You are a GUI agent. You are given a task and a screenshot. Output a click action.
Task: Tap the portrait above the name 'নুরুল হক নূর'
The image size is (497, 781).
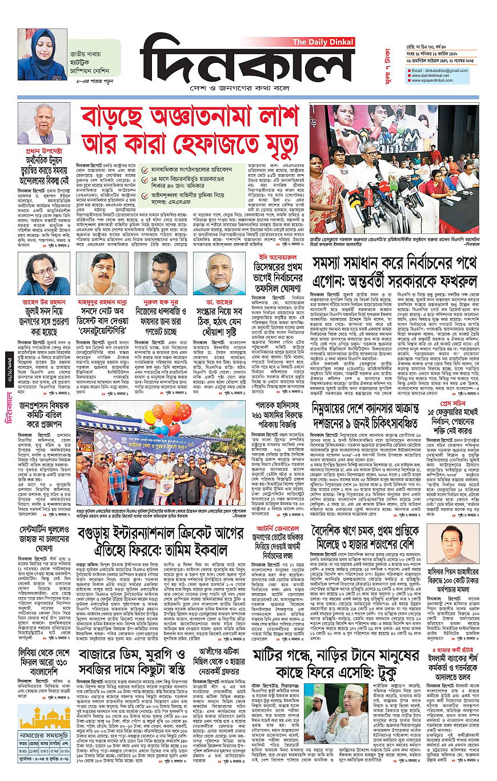153,273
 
